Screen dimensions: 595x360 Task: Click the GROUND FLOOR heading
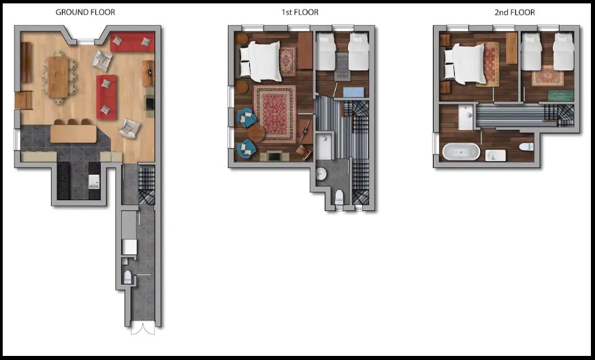[x=85, y=12]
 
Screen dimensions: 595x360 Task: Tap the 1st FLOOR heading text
[x=300, y=12]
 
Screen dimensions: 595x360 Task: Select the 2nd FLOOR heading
[x=515, y=12]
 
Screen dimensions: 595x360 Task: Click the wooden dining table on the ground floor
[x=58, y=78]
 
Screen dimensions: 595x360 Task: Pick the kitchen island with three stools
[x=74, y=133]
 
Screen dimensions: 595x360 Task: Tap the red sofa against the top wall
[x=133, y=42]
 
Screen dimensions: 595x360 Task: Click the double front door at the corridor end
[x=143, y=329]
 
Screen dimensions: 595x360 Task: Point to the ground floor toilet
[x=128, y=276]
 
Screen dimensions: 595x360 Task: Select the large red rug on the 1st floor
[x=275, y=114]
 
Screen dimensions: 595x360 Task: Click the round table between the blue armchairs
[x=256, y=133]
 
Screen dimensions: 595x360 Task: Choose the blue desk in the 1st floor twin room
[x=353, y=92]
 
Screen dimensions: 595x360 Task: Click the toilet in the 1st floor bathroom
[x=339, y=197]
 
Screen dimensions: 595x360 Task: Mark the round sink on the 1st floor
[x=321, y=174]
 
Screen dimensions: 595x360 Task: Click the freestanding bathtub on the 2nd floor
[x=461, y=152]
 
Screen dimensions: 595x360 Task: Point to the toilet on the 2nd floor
[x=527, y=146]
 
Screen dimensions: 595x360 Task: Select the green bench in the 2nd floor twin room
[x=560, y=95]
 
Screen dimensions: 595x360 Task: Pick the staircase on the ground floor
[x=146, y=184]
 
